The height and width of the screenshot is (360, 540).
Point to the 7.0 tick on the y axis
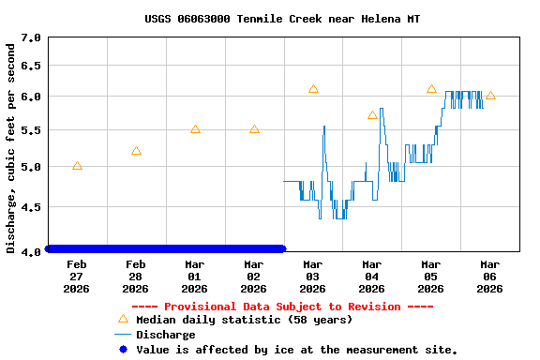click(x=31, y=37)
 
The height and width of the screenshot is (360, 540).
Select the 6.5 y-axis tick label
click(x=31, y=67)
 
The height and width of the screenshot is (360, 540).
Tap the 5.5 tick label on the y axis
click(x=31, y=130)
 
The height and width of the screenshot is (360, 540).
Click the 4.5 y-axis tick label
click(x=31, y=207)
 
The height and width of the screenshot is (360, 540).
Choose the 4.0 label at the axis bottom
click(x=31, y=250)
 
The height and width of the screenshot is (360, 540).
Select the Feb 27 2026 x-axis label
click(x=77, y=277)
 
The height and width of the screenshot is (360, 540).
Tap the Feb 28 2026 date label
click(x=136, y=277)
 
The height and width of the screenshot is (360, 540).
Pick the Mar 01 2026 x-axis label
click(x=195, y=277)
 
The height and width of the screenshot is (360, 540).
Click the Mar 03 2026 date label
click(x=313, y=277)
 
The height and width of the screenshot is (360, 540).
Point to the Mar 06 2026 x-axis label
click(x=490, y=277)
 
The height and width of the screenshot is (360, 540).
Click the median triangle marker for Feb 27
click(x=77, y=166)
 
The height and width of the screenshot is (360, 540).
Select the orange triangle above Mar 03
click(x=313, y=89)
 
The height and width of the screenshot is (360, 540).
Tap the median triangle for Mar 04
click(x=372, y=115)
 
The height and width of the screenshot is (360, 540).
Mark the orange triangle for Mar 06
click(x=490, y=96)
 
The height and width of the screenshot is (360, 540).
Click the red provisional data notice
click(x=282, y=307)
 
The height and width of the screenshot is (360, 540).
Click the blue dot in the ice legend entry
click(x=122, y=350)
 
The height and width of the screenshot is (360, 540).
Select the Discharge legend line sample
click(x=122, y=335)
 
